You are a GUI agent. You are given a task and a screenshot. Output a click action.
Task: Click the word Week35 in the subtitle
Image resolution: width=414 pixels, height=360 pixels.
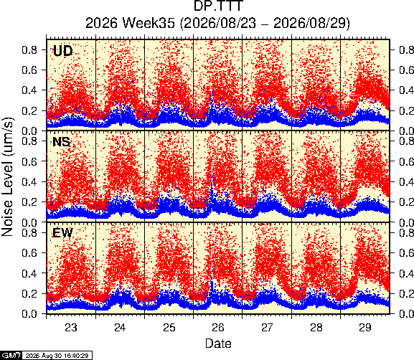[x=149, y=23]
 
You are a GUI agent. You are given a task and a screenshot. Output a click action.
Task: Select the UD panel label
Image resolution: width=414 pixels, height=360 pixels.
[x=62, y=51]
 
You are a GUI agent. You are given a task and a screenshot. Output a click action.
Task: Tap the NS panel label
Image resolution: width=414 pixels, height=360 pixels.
[x=61, y=142]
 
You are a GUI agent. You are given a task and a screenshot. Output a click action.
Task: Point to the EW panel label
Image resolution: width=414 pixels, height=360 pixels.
[x=62, y=233]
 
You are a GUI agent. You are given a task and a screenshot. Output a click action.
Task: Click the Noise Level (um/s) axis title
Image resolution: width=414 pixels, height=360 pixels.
[x=8, y=177]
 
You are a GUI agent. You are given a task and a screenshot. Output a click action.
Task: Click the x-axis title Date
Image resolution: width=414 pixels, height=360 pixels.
[x=218, y=344]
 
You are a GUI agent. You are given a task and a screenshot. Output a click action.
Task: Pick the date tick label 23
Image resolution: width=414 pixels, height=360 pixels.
[x=71, y=328]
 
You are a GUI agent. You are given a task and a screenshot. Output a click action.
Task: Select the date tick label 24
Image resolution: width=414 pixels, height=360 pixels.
[x=120, y=328]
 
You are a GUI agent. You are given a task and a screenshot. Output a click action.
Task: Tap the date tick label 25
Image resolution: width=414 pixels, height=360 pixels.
[x=169, y=328]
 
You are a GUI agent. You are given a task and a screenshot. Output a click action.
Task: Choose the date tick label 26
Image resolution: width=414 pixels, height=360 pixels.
[x=218, y=328]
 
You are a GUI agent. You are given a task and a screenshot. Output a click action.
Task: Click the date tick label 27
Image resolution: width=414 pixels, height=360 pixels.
[x=267, y=328]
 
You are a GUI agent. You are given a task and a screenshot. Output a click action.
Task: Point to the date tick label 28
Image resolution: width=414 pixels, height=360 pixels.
[x=316, y=328]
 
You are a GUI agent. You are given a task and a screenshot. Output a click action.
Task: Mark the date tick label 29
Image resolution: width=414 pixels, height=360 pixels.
[x=365, y=328]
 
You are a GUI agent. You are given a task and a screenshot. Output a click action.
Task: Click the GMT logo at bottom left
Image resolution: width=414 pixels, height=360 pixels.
[x=11, y=355]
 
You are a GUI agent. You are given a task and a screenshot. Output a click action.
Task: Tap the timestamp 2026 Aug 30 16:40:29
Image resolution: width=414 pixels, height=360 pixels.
[x=57, y=356]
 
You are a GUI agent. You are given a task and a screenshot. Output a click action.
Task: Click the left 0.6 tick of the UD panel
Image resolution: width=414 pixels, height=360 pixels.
[x=29, y=70]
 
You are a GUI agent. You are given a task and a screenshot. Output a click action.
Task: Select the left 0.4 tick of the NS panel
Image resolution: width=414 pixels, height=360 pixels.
[x=29, y=181]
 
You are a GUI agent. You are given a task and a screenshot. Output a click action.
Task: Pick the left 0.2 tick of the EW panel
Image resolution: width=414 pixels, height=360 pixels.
[x=29, y=293]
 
